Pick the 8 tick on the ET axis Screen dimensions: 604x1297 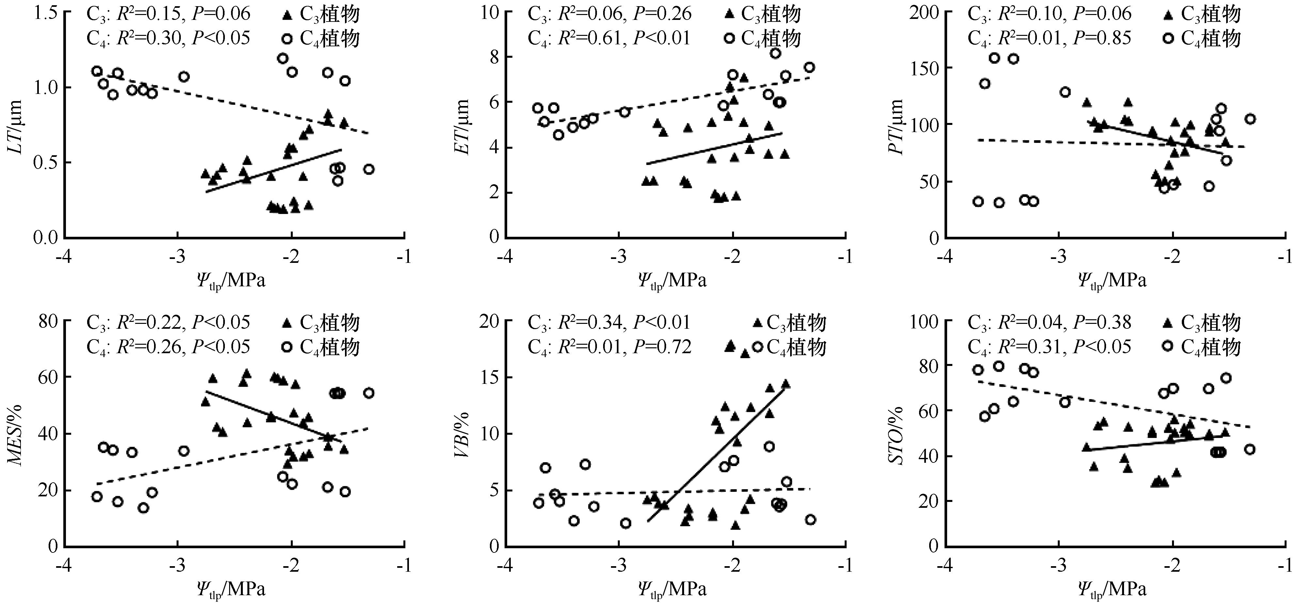491,57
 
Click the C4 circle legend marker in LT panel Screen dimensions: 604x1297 287,39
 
